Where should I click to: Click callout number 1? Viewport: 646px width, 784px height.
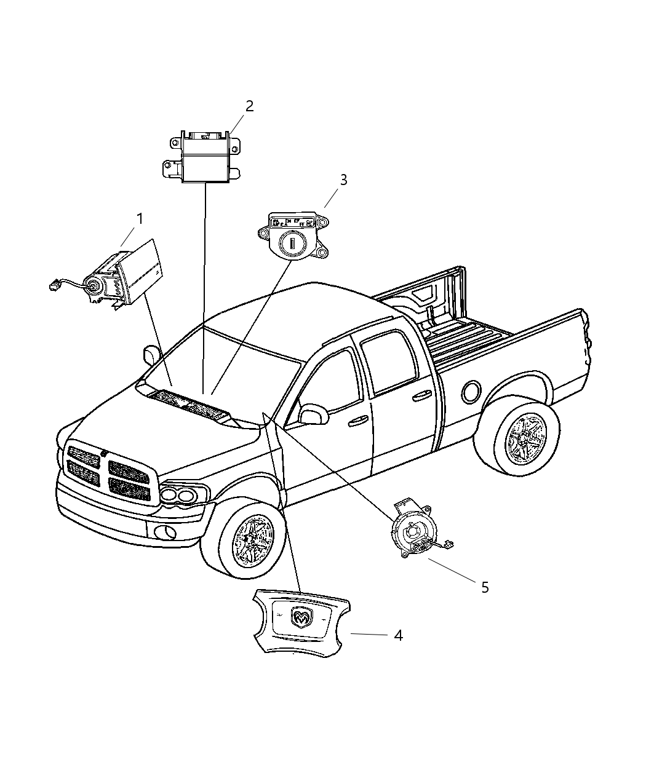(x=140, y=219)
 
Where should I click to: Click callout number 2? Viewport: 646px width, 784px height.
(x=249, y=106)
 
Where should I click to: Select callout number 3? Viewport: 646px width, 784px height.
(x=343, y=180)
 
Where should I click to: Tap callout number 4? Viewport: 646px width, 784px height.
(x=398, y=635)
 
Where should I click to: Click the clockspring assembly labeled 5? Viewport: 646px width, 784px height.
(x=415, y=532)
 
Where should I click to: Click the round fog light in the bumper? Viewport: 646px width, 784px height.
(x=164, y=533)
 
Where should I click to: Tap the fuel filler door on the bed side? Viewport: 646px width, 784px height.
(x=471, y=391)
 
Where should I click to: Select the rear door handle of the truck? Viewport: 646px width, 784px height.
(x=423, y=395)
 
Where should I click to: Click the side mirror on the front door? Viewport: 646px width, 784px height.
(x=314, y=413)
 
